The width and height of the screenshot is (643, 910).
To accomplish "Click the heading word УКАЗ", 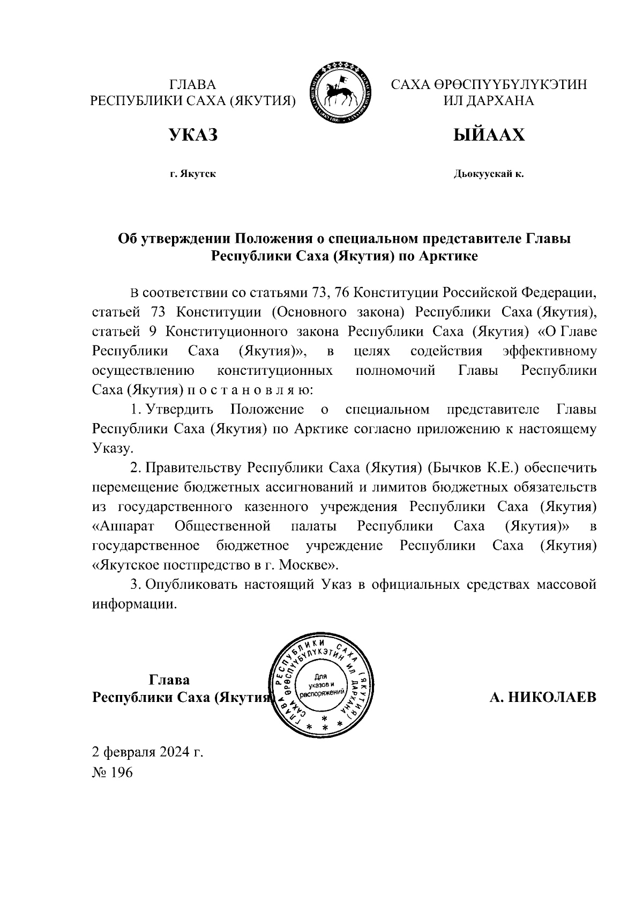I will pos(193,135).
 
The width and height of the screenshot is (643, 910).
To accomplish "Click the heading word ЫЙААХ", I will pos(489,135).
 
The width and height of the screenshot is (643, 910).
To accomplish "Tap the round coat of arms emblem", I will pos(341,94).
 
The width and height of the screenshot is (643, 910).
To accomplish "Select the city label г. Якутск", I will pos(193,174).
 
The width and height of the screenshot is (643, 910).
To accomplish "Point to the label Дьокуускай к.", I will pos(489,174).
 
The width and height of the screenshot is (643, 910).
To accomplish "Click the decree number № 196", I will pos(112,772).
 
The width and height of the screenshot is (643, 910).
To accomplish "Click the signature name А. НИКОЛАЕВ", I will pos(542,697).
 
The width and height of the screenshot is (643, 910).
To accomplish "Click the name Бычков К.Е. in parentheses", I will pos(473,468).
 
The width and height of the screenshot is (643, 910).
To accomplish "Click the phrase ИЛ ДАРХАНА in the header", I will pos(489,101).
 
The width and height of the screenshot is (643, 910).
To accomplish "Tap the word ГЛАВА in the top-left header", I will pos(192,85).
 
